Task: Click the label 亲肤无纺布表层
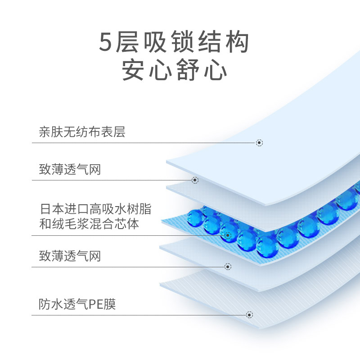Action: [x=82, y=132]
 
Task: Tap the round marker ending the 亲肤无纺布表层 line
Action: [x=259, y=143]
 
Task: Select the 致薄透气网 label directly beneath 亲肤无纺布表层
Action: [x=70, y=170]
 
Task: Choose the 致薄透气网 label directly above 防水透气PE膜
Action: [x=70, y=256]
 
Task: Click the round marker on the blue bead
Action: [x=228, y=235]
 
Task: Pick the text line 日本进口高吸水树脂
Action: [x=95, y=209]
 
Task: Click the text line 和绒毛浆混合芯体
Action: [x=89, y=224]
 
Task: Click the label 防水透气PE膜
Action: [x=77, y=304]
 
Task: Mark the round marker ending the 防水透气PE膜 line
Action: [x=249, y=315]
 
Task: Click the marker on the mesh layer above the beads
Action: [x=195, y=180]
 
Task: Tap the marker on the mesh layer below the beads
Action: [x=228, y=266]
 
